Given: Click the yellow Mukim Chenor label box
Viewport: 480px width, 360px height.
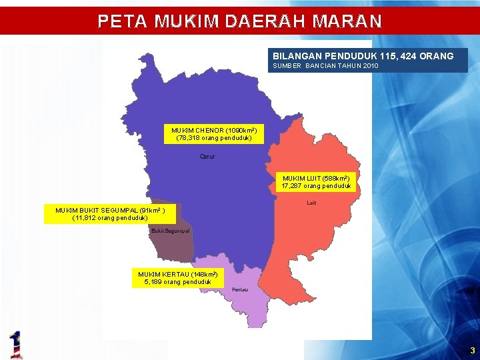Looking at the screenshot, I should coord(213,134).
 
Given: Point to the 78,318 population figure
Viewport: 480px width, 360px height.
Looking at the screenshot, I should coord(187,138).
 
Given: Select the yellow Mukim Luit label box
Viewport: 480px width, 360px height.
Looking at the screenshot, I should coord(315,182).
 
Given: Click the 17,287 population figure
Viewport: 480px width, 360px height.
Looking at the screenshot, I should coord(291,186).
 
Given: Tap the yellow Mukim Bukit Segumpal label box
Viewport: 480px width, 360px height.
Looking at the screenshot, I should coord(110,214).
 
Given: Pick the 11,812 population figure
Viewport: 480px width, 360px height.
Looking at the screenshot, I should coord(86,218).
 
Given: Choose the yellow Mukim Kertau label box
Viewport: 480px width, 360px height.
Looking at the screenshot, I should coord(177,278).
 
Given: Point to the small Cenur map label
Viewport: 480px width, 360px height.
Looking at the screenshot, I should coord(207,157).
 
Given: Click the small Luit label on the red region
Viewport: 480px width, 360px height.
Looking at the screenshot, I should coord(311,203).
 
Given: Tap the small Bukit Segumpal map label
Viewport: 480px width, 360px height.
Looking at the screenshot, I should coord(171,231).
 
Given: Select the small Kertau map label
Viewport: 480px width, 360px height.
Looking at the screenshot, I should coord(240,290).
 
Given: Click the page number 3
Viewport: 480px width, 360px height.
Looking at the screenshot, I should coord(472,351).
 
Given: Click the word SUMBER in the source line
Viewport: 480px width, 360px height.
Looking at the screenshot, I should coord(285,67).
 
